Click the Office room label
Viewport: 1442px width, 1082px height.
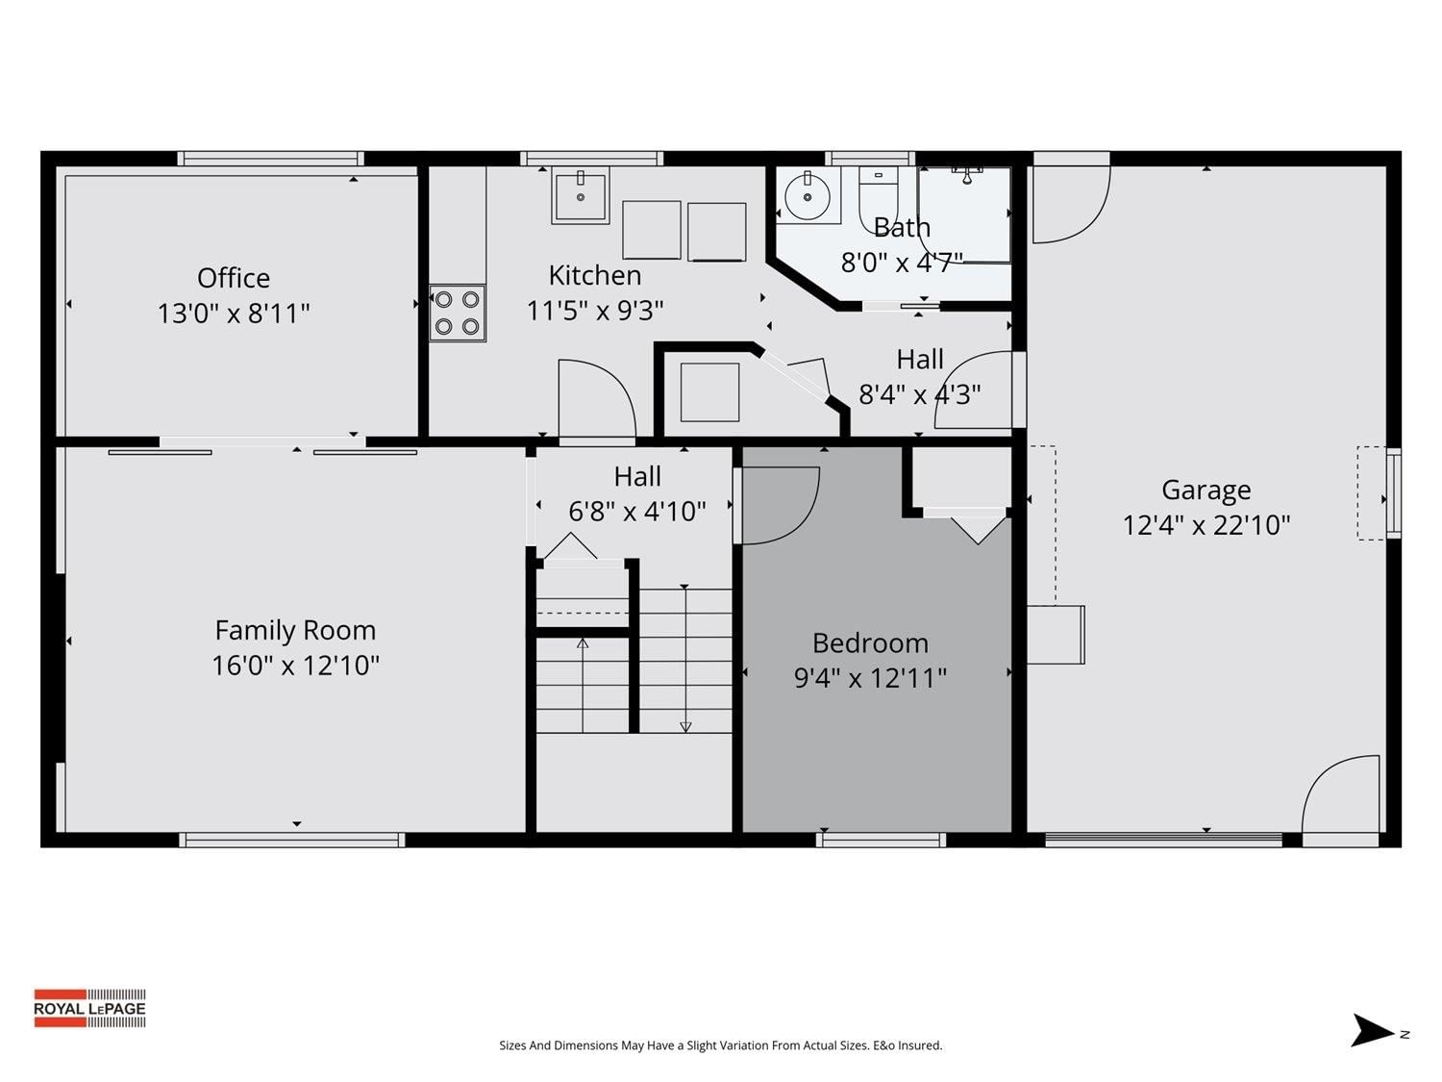234,278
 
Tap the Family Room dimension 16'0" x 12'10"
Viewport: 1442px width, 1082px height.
296,665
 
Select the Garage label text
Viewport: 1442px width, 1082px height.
1206,491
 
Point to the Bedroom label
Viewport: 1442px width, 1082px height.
870,642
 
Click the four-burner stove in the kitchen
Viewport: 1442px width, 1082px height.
458,313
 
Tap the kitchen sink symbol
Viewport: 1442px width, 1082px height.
580,195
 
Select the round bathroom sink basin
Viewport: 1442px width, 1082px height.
808,196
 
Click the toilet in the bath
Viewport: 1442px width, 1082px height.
879,197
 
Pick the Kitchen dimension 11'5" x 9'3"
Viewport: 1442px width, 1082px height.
594,310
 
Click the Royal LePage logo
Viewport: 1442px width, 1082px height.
90,1008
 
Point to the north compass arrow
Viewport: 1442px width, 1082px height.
1371,1029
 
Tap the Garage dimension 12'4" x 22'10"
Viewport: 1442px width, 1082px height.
1206,525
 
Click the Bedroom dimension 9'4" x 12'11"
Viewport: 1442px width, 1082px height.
870,677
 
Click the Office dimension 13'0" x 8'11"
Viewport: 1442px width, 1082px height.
234,314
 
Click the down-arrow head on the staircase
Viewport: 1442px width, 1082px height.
685,727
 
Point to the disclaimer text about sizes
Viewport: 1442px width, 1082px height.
721,1045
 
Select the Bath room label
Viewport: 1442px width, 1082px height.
902,227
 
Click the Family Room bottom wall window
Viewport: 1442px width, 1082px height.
292,840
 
